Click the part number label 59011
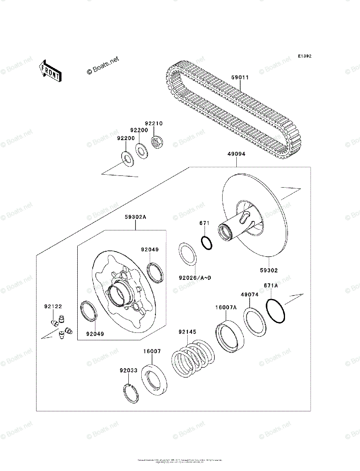coord(240,78)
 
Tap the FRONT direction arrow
coord(49,71)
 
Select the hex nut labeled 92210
coord(157,142)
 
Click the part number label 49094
coord(236,154)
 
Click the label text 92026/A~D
coord(195,278)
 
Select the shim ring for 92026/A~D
coord(188,254)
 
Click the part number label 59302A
coord(135,217)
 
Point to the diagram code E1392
coord(304,57)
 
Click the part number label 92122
coord(53,306)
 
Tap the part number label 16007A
coord(226,308)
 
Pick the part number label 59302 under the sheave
coord(269,270)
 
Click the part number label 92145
coord(187,332)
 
